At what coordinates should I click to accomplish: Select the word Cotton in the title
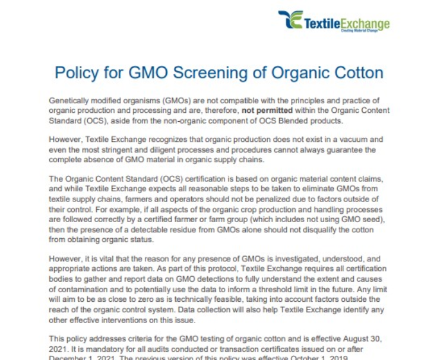coord(355,72)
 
